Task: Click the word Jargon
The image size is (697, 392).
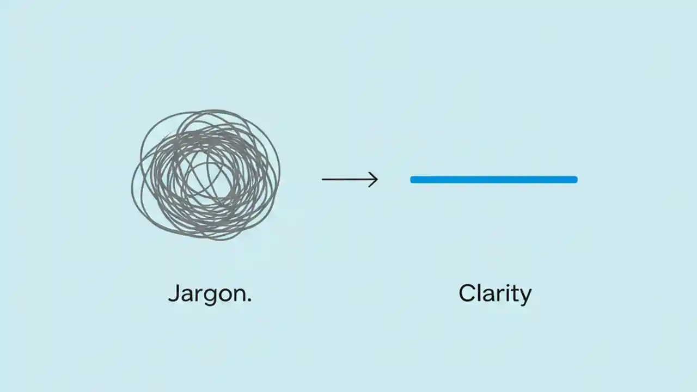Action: (209, 295)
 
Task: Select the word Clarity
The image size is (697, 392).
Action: (494, 295)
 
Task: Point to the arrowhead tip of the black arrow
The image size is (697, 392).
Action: (377, 179)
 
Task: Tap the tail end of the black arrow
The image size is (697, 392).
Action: (322, 179)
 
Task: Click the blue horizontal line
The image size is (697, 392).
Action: (493, 179)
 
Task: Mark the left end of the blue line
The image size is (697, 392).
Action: (412, 179)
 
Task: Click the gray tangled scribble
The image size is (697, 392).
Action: (206, 174)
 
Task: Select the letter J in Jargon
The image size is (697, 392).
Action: (174, 293)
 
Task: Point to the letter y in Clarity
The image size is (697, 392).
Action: (524, 297)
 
